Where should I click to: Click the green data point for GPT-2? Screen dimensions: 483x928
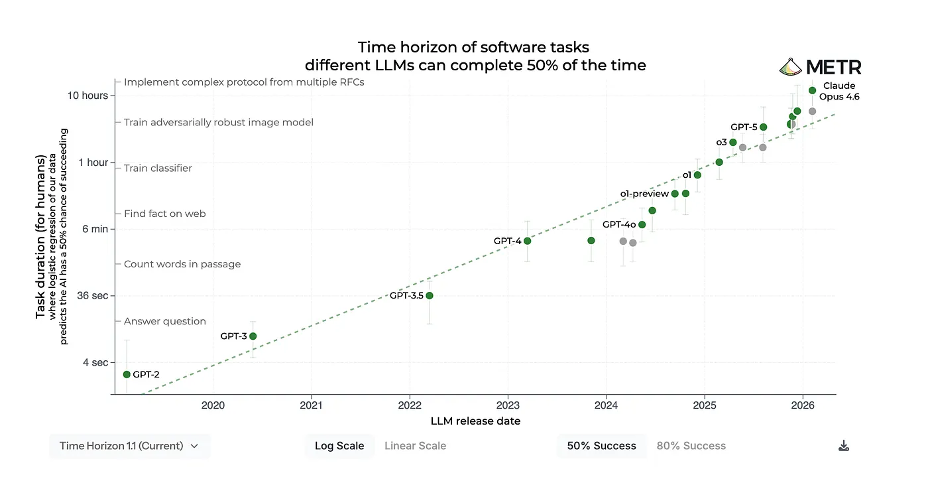(127, 374)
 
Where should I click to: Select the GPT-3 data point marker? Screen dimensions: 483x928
(253, 336)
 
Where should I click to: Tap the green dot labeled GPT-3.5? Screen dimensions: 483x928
(430, 295)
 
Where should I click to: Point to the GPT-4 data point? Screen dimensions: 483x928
(527, 241)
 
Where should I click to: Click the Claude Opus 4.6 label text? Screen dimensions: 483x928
(839, 91)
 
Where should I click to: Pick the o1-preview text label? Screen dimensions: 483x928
(644, 194)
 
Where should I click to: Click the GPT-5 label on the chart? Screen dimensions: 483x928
(744, 127)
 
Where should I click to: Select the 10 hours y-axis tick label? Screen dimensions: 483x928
(88, 96)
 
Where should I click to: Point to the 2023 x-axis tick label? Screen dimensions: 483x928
(508, 405)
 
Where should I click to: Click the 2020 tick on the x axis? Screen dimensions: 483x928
(213, 405)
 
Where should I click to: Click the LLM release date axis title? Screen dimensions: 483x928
(475, 421)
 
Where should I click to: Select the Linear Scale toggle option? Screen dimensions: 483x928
(415, 446)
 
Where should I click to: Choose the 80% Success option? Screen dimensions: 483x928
(691, 446)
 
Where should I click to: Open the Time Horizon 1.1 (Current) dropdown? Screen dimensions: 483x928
(129, 446)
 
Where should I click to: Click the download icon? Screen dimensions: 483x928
(844, 446)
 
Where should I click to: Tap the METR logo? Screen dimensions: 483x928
(820, 67)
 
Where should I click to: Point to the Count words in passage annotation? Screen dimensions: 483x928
(182, 264)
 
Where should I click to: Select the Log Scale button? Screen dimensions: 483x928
(339, 446)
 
